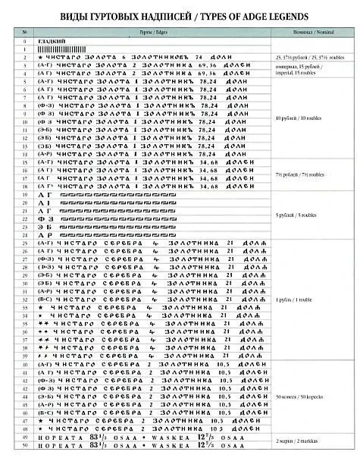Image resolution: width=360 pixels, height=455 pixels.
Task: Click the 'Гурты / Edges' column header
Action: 152,33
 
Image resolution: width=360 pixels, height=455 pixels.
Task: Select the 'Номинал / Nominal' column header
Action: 311,33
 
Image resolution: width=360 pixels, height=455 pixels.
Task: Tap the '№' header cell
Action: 27,33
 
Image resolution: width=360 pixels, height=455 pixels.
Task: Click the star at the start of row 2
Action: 40,58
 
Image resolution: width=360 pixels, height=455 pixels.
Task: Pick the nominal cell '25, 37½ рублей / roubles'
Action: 311,58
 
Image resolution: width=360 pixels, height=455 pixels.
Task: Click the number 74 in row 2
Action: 200,58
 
